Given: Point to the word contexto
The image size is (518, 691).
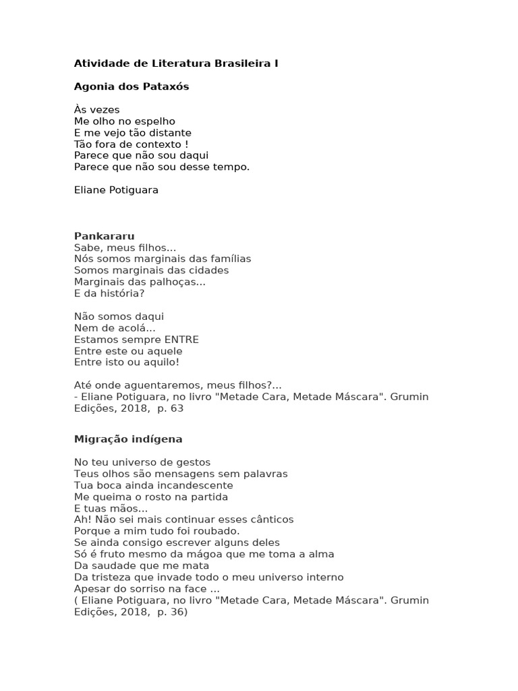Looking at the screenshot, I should pyautogui.click(x=156, y=144).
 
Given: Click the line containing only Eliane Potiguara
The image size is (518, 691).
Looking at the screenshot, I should pyautogui.click(x=116, y=190).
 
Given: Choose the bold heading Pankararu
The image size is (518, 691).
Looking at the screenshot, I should pyautogui.click(x=104, y=236).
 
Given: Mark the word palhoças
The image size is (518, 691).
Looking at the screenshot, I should pyautogui.click(x=177, y=282).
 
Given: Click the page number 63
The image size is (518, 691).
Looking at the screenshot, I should pyautogui.click(x=177, y=408).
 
